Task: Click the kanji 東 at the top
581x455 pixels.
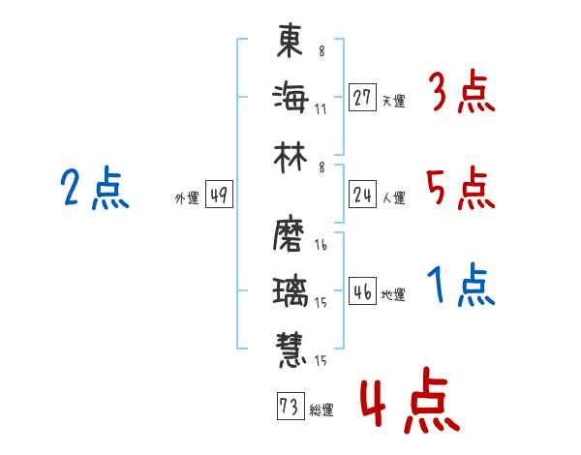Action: click(x=290, y=40)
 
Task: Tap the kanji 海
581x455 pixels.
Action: click(x=290, y=98)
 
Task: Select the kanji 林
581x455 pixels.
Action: click(x=290, y=158)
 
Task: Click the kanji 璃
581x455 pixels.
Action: click(x=290, y=292)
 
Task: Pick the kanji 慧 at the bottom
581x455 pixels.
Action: click(x=290, y=349)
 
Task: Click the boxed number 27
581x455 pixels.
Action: click(x=362, y=98)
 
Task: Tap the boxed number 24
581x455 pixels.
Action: click(x=362, y=195)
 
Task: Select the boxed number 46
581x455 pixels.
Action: click(x=362, y=290)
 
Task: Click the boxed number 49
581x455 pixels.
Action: click(x=219, y=195)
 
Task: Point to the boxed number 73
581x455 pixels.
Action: click(x=290, y=406)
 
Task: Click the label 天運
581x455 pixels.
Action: click(x=394, y=101)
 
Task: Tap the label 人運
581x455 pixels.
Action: click(x=394, y=197)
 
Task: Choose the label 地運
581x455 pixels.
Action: click(x=393, y=294)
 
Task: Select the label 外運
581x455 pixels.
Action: click(x=187, y=197)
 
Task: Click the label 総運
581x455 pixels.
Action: click(x=321, y=409)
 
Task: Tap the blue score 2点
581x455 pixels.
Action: click(x=95, y=188)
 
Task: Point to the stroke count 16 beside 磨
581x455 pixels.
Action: click(x=321, y=245)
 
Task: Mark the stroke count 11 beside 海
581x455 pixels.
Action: click(x=321, y=109)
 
